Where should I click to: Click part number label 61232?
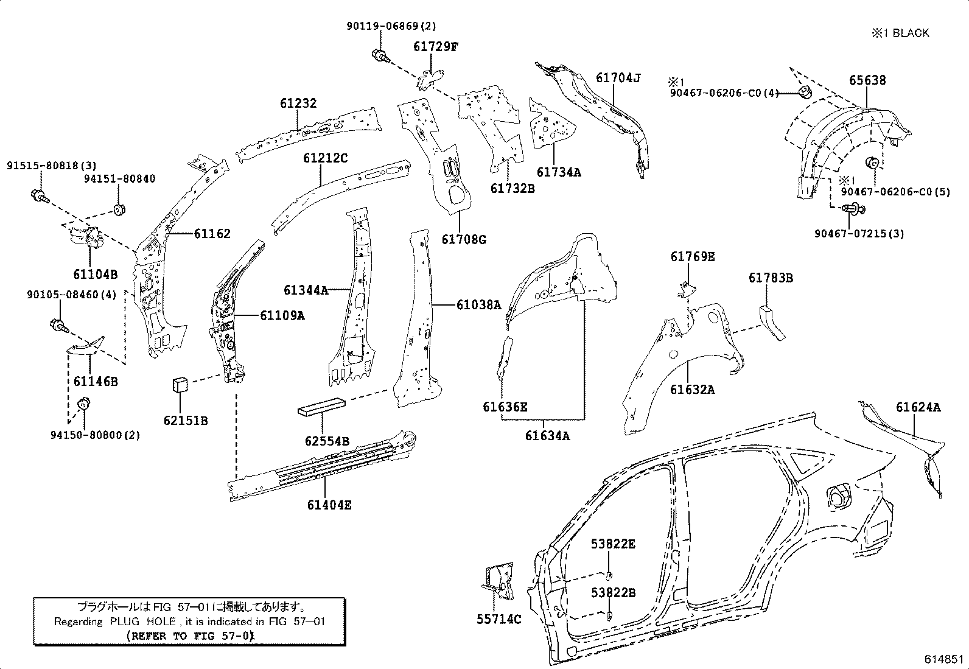point(298,103)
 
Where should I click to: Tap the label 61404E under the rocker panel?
point(329,505)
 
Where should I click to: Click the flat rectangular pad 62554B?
point(321,407)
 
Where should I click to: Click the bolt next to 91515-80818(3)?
point(39,196)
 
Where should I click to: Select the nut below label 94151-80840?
point(119,210)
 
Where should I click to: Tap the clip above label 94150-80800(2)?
point(83,404)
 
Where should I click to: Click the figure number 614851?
point(943,660)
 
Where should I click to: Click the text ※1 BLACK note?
point(900,33)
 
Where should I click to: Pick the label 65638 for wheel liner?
point(867,80)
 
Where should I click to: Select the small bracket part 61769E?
point(687,289)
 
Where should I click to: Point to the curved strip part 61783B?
point(771,322)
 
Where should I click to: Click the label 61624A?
point(917,407)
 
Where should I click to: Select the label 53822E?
point(612,544)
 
